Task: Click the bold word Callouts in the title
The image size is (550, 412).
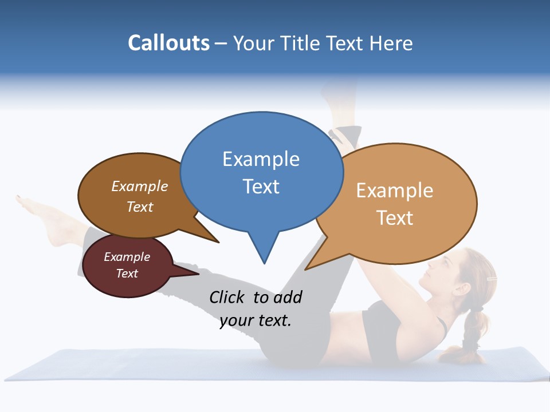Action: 168,43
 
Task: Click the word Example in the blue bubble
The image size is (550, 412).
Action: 261,159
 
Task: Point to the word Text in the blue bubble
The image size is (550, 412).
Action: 261,187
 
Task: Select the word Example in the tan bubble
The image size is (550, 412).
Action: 395,191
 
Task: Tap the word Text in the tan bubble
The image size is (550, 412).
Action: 395,218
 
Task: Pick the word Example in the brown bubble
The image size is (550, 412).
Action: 140,186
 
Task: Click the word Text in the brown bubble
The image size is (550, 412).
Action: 140,207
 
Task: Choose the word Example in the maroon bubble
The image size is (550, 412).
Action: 127,257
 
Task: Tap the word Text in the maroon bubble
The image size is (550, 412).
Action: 127,274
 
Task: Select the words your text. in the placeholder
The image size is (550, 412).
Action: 256,320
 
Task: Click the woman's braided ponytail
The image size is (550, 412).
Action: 472,332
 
